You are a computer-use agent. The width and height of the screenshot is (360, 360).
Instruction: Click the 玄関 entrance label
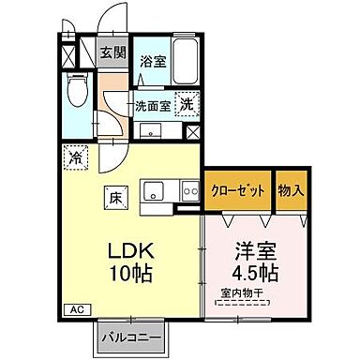(112, 52)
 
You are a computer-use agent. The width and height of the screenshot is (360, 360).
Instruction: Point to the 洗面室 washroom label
(152, 105)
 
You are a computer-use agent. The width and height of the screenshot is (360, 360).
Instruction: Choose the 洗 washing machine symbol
(187, 105)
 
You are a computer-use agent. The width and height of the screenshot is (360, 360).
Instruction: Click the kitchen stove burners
(189, 193)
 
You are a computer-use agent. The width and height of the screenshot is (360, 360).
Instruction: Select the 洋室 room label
(254, 253)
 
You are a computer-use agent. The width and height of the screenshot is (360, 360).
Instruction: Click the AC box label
(75, 308)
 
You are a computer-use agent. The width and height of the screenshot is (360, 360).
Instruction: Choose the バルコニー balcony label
(129, 336)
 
